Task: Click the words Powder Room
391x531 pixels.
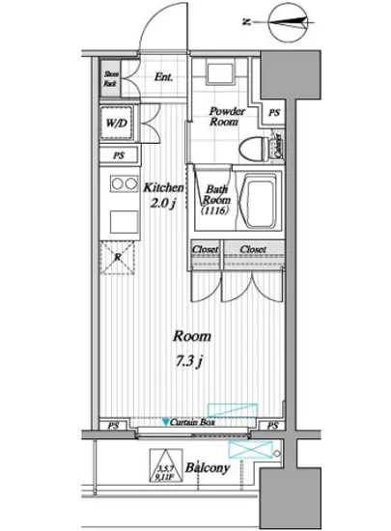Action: point(228,118)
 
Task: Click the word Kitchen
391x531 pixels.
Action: point(165,187)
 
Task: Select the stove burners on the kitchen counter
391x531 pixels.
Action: point(122,183)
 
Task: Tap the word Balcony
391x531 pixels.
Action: point(207,467)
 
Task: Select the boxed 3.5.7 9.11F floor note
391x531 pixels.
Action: point(160,468)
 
